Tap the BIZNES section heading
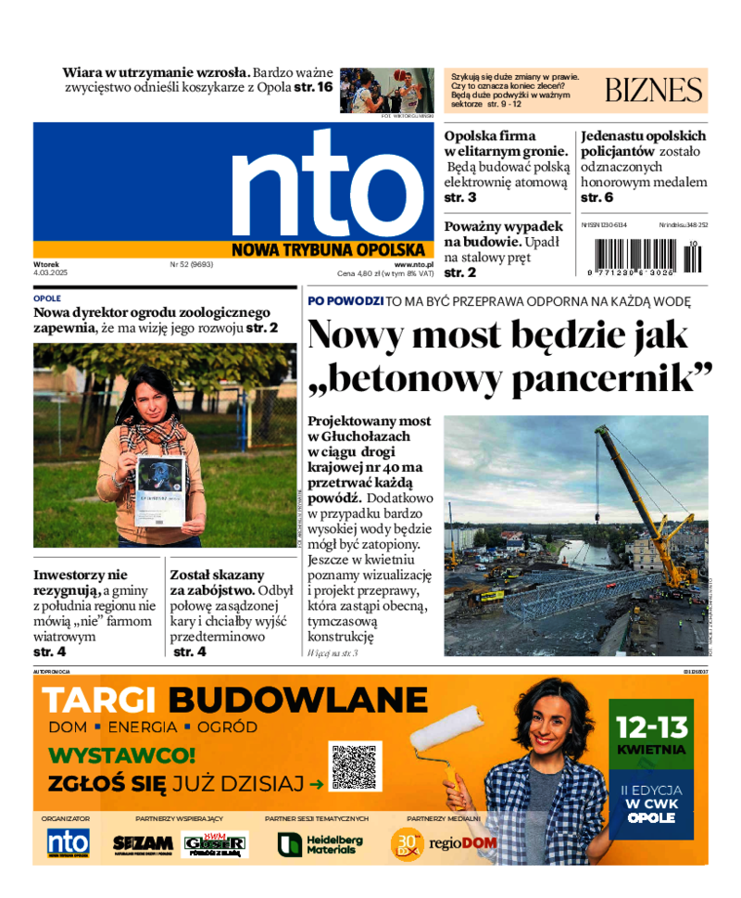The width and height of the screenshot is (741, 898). tap(653, 90)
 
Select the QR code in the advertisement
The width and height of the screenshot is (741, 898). tap(355, 766)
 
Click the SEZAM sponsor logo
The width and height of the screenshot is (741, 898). tap(143, 844)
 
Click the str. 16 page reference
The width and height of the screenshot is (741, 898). tap(312, 87)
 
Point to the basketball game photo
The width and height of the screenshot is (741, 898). tap(386, 90)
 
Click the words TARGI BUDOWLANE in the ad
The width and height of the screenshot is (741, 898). tap(235, 699)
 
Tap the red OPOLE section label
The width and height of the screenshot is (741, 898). tap(46, 299)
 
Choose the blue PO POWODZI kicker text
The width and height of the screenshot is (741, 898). tap(345, 301)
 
